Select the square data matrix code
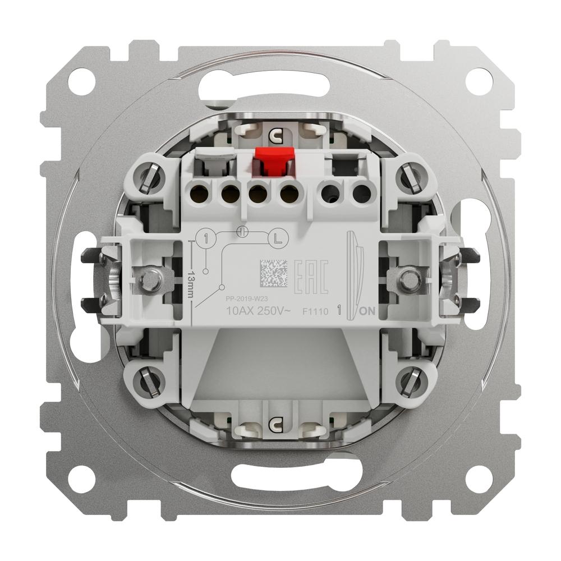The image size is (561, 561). pyautogui.click(x=273, y=274)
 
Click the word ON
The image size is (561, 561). pyautogui.click(x=367, y=311)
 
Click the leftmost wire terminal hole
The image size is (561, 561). pyautogui.click(x=198, y=195)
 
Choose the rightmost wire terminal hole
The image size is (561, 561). pyautogui.click(x=361, y=195)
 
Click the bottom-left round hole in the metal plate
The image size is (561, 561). pyautogui.click(x=82, y=478)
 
